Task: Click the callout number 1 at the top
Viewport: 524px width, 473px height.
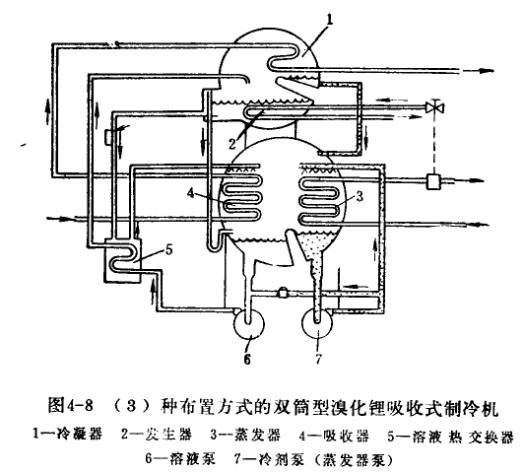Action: click(330, 20)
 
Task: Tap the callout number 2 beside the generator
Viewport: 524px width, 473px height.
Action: click(232, 144)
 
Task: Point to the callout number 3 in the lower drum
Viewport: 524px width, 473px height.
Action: click(360, 196)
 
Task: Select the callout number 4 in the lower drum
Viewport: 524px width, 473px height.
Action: click(191, 193)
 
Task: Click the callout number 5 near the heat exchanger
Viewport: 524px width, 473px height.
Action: click(168, 249)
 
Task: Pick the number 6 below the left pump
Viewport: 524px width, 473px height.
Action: click(247, 360)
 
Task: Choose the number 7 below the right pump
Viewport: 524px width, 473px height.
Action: click(318, 359)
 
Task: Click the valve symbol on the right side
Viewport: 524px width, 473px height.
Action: click(434, 107)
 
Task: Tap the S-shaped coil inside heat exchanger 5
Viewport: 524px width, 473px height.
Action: click(123, 256)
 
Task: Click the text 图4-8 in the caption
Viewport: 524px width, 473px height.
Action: click(70, 405)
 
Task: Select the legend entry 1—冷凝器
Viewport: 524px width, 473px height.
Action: click(68, 435)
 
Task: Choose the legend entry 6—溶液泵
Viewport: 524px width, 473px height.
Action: click(180, 458)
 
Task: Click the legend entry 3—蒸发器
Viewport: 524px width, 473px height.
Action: click(245, 435)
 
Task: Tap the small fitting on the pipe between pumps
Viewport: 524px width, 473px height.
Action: click(283, 292)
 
